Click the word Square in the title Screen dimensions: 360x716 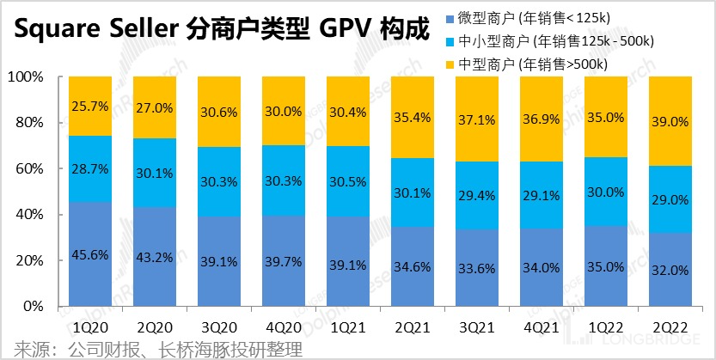[54, 33]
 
